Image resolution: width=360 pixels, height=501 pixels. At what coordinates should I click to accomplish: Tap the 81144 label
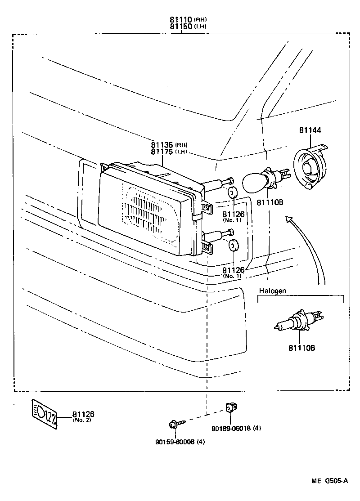click(x=310, y=131)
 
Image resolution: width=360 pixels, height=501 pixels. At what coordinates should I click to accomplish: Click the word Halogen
click(x=272, y=291)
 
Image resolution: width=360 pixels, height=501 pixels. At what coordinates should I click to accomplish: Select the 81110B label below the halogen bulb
click(x=301, y=348)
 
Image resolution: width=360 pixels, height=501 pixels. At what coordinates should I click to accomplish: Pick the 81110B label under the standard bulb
click(x=270, y=202)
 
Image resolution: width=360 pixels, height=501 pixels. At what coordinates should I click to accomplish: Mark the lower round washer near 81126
click(x=232, y=246)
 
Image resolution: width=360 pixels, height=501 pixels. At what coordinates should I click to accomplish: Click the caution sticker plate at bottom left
click(x=45, y=413)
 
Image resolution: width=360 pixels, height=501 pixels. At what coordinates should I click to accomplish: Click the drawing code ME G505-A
click(x=329, y=481)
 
